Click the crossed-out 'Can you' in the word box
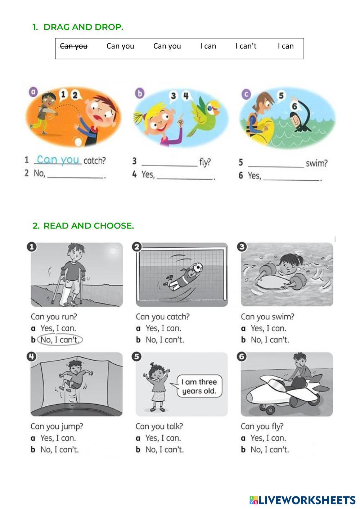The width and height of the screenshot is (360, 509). point(74,46)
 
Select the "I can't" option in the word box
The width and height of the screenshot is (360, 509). point(246,46)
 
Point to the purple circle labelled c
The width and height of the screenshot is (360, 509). point(246,94)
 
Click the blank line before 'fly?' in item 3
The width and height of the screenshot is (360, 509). point(170,166)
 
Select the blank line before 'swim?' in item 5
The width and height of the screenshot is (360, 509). point(276,167)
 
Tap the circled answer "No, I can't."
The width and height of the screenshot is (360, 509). point(60,340)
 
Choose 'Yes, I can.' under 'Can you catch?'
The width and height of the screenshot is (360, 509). point(163,328)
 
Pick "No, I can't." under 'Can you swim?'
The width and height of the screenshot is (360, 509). point(270,340)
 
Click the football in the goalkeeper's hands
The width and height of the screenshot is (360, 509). point(198,267)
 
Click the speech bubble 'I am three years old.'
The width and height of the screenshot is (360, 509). point(199,386)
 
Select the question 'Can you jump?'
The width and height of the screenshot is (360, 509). point(57,427)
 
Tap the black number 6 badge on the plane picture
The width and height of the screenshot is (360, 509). point(242,356)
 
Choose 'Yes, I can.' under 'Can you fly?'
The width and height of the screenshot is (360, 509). point(268,438)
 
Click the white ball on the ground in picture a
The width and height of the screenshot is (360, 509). point(78,142)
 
